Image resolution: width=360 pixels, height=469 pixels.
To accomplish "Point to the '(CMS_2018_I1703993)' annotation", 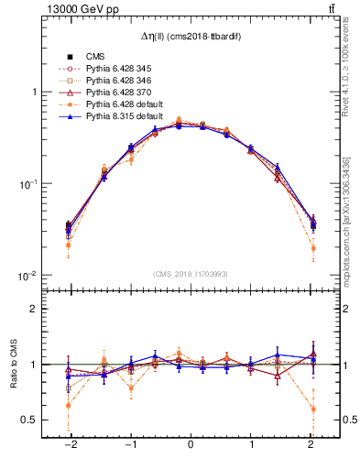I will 190,274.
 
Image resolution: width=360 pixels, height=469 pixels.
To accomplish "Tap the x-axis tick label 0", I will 191,445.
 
